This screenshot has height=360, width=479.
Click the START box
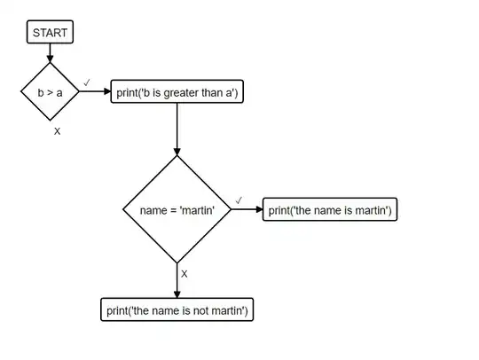(50, 33)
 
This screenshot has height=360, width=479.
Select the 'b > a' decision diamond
(50, 91)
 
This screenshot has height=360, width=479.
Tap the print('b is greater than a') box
(177, 91)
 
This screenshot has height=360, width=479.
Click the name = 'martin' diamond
(177, 210)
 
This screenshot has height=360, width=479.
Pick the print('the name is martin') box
(329, 210)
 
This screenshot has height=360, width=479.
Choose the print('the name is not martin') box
(177, 310)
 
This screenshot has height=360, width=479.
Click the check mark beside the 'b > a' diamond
(86, 82)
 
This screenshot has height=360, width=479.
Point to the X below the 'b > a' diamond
(58, 130)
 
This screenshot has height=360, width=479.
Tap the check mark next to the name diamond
(239, 200)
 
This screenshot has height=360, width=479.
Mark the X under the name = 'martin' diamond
(185, 274)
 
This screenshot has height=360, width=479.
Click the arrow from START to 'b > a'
(50, 53)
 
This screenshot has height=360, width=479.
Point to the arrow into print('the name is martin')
(247, 210)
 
